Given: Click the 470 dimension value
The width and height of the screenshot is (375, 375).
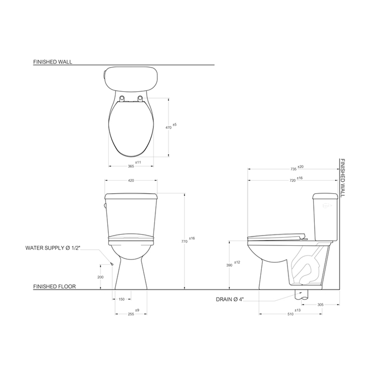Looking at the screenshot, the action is click(x=168, y=128).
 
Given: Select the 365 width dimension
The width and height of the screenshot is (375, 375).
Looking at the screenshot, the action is click(x=131, y=166).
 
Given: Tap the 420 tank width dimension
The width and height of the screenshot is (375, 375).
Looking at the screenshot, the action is click(x=131, y=181).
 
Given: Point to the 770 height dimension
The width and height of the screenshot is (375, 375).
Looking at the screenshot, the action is click(x=184, y=242).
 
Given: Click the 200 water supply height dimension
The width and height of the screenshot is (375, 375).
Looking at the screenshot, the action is click(x=101, y=277).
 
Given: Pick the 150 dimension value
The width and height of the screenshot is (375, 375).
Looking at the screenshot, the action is click(x=122, y=299).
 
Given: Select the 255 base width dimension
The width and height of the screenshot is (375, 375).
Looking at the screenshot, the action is click(x=131, y=314).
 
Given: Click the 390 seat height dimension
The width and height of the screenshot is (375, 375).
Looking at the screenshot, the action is click(x=229, y=265).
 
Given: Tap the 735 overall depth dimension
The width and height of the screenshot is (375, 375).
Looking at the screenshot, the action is click(x=294, y=169).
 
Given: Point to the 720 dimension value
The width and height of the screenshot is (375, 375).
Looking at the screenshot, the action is click(x=293, y=181).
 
